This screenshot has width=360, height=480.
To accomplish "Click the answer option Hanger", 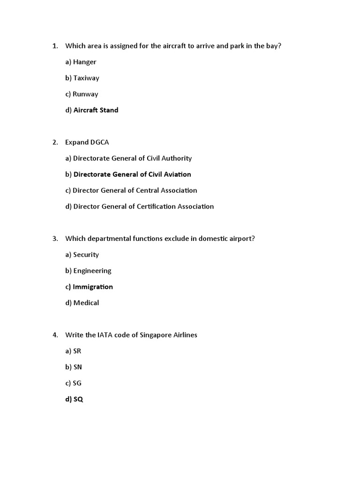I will tap(84, 62).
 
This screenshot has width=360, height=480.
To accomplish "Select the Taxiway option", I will tap(86, 78).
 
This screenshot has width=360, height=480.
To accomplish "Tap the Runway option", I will tap(85, 94).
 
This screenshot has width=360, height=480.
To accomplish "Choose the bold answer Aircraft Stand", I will tap(96, 110).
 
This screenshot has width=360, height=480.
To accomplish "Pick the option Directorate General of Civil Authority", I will tap(132, 158).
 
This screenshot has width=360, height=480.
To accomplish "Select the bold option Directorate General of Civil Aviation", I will tap(132, 174).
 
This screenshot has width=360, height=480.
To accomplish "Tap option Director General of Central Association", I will tap(135, 190).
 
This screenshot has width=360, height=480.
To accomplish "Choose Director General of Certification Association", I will tap(143, 206).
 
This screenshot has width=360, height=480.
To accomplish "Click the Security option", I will tap(86, 255).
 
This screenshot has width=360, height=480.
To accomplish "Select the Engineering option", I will tap(92, 270).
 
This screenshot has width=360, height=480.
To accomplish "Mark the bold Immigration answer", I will tap(93, 287).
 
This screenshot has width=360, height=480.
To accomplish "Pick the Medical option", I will tap(86, 303).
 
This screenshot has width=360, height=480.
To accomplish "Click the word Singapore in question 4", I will tap(156, 335).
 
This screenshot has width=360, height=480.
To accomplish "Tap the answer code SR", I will tap(77, 351).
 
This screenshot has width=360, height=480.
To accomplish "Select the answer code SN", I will tap(78, 367).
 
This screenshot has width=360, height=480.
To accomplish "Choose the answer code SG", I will tap(77, 383).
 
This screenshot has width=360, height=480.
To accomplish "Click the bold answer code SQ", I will tap(78, 399).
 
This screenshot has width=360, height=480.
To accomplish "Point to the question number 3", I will tap(55, 239).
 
